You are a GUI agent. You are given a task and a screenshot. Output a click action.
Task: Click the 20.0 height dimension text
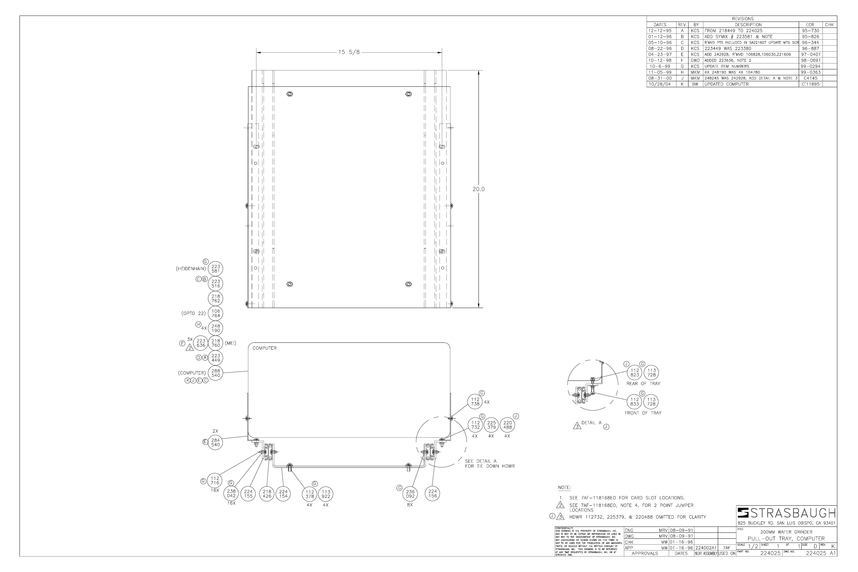click(478, 189)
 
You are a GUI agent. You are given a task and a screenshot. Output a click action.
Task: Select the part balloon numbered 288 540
click(216, 373)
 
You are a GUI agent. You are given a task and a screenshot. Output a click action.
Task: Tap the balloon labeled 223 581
click(216, 269)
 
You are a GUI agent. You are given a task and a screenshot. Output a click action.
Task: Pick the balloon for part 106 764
click(216, 313)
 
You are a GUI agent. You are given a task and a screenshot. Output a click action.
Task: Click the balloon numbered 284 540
click(216, 443)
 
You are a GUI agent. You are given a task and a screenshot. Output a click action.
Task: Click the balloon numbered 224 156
click(433, 494)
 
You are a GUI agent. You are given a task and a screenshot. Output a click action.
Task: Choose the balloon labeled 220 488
click(507, 425)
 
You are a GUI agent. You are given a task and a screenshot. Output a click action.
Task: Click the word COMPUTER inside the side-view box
click(264, 348)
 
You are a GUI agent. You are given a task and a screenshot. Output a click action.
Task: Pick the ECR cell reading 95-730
click(810, 31)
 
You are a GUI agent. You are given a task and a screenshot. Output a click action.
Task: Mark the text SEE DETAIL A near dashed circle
click(480, 461)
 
